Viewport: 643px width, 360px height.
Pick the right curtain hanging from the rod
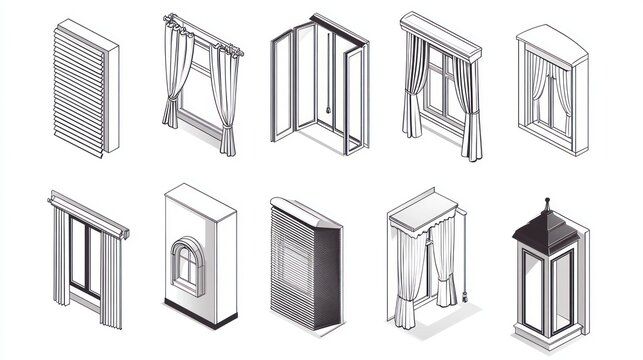229,100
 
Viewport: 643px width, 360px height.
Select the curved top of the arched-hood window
550,40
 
